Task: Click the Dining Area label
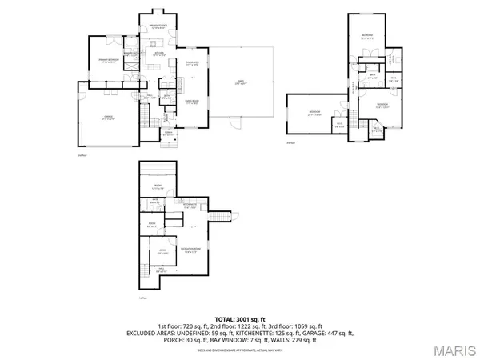click(x=192, y=62)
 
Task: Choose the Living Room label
click(x=192, y=102)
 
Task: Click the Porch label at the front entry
click(x=169, y=134)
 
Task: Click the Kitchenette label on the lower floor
click(x=190, y=206)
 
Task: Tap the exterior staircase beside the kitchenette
click(x=215, y=218)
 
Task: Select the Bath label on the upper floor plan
click(x=372, y=77)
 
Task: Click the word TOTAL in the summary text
click(x=213, y=318)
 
